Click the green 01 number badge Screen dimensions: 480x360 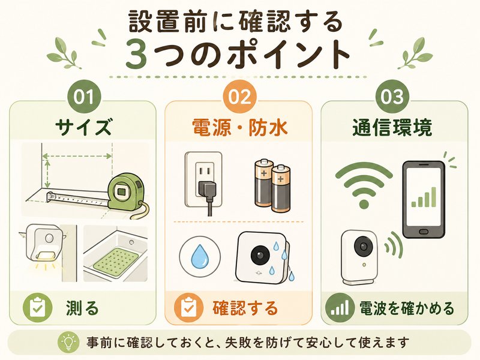[84, 97]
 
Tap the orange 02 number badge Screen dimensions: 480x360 [239, 97]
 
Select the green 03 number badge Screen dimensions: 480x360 [392, 97]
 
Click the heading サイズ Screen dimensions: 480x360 [83, 127]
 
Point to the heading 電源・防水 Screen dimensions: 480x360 [239, 127]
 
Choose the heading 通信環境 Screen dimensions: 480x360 [392, 127]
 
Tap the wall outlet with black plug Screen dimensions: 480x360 [203, 181]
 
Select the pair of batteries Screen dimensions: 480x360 [272, 185]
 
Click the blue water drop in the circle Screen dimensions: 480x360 [200, 257]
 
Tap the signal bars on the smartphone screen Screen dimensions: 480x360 [424, 197]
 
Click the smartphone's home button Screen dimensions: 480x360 [424, 230]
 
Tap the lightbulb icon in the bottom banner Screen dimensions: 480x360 [68, 342]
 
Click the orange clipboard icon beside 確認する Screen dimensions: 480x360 [188, 307]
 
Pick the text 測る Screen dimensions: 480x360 [82, 308]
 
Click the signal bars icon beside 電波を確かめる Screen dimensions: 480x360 [339, 308]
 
